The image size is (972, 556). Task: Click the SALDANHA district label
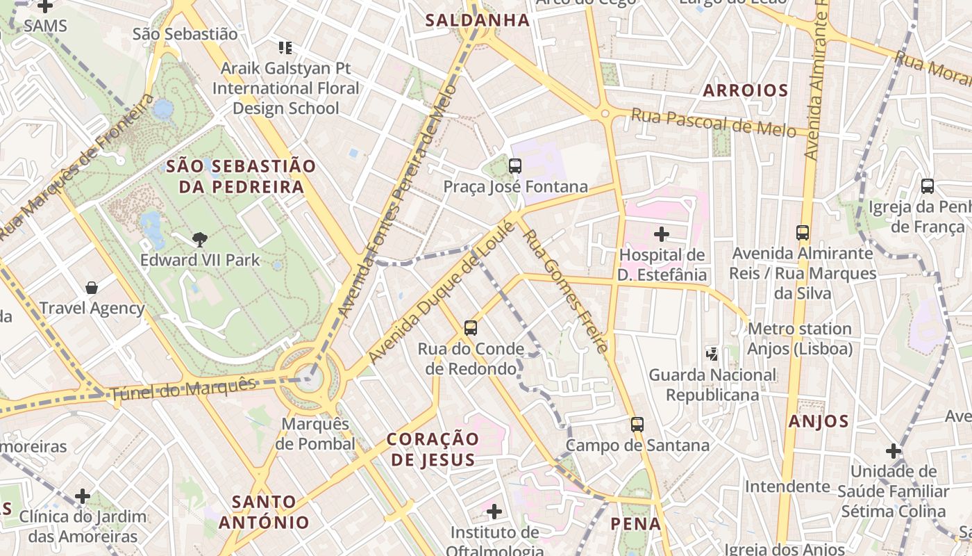click(477, 20)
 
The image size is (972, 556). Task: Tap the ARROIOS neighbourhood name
click(746, 90)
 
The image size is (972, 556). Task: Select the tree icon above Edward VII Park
click(200, 240)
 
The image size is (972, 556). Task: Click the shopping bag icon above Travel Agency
click(91, 287)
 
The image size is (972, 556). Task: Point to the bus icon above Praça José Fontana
click(514, 166)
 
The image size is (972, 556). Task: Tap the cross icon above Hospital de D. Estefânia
click(662, 234)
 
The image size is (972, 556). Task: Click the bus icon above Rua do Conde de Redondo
click(471, 327)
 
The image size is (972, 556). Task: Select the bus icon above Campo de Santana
click(637, 424)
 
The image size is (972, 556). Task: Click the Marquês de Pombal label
click(315, 434)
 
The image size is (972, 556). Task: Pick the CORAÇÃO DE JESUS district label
click(433, 449)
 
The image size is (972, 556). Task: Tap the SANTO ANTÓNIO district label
click(264, 512)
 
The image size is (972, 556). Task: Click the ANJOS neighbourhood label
click(819, 421)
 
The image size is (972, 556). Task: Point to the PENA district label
click(635, 524)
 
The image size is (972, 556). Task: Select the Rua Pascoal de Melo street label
click(712, 123)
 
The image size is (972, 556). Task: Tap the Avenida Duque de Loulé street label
click(442, 293)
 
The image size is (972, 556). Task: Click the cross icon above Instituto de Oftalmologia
click(494, 512)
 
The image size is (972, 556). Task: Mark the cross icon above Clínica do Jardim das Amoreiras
click(83, 496)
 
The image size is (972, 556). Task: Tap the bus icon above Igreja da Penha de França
click(927, 186)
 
